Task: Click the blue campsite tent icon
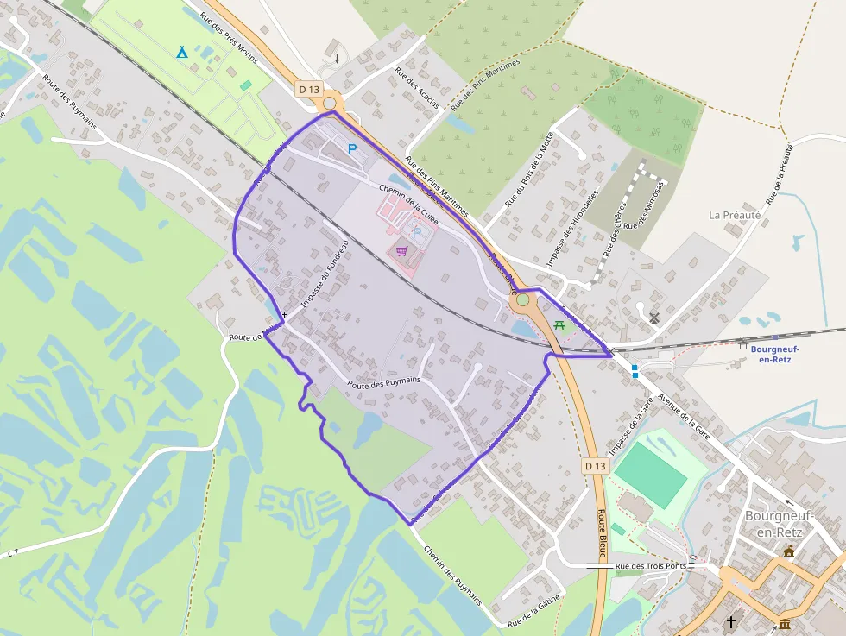(181, 53)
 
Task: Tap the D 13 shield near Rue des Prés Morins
(308, 89)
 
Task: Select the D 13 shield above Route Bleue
(596, 466)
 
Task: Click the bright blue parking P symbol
(352, 149)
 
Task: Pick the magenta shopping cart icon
(401, 251)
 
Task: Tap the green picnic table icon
(559, 324)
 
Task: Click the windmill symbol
(653, 318)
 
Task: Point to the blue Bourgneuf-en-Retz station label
(774, 354)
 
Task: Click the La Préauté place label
(735, 215)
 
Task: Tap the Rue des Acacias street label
(417, 89)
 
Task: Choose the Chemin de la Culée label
(408, 205)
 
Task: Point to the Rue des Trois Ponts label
(651, 566)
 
